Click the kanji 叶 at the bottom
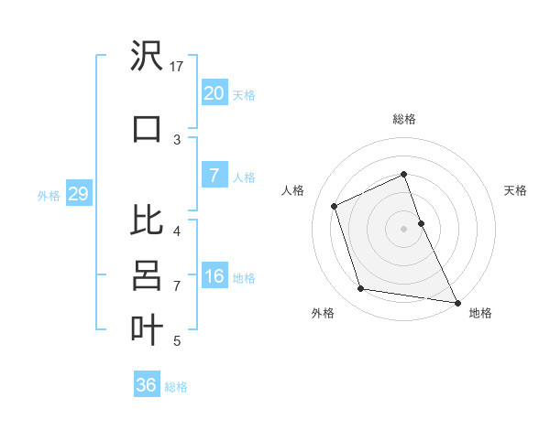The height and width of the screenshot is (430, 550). [147, 328]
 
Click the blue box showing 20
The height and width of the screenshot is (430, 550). [214, 93]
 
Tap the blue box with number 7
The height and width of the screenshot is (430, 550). [214, 176]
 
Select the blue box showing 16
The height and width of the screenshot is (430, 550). [214, 276]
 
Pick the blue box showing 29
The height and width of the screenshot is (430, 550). [78, 194]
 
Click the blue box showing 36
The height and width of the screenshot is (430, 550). [146, 385]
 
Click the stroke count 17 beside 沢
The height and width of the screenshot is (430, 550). [177, 66]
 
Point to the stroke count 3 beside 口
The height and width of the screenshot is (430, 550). [177, 139]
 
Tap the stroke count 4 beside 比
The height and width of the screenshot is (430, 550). [177, 231]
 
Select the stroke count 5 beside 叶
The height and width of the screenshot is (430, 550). [177, 341]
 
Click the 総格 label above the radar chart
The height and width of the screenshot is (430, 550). [403, 119]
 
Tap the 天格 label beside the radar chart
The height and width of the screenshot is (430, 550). [515, 190]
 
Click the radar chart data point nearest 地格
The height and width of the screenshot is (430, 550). [456, 302]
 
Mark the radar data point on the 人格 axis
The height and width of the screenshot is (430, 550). [335, 206]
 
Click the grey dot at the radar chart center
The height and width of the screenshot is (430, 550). [403, 228]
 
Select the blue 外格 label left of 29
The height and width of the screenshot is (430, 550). [48, 195]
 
